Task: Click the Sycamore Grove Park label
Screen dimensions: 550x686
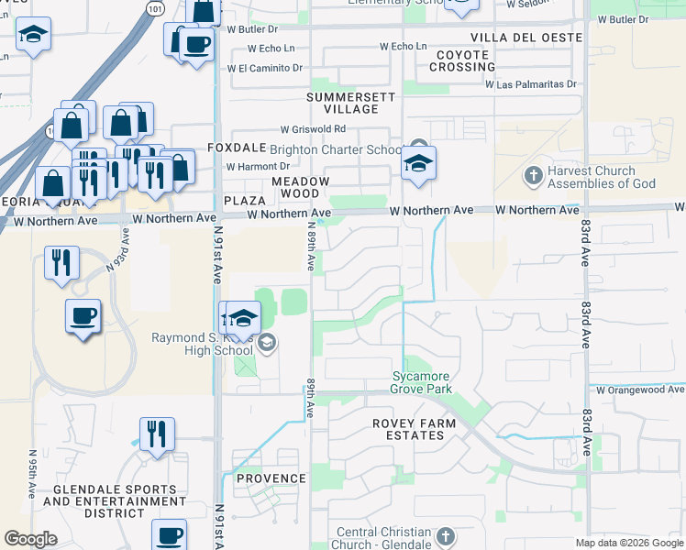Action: [x=423, y=382]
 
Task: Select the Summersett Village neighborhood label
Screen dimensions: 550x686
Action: [x=350, y=103]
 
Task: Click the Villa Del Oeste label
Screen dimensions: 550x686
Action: [x=526, y=38]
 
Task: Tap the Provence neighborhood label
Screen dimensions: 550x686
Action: [x=271, y=478]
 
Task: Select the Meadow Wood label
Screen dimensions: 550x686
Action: [x=300, y=187]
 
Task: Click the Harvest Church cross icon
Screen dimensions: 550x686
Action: [x=533, y=174]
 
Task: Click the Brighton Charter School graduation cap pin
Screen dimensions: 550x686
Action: [x=418, y=164]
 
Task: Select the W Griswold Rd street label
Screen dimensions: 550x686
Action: [x=313, y=129]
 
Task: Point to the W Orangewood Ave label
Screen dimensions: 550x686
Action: [x=639, y=390]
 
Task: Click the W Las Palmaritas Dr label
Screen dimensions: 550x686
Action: [x=536, y=84]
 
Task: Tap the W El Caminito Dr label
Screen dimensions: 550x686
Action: [x=264, y=68]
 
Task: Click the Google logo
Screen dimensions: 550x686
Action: [x=30, y=539]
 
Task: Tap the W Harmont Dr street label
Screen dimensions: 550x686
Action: [x=258, y=167]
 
